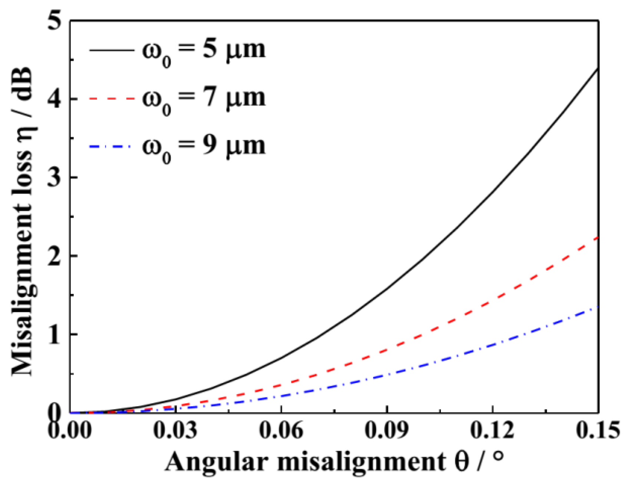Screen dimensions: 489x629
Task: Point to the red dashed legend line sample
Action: pos(111,99)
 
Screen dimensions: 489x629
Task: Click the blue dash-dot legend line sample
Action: pos(111,146)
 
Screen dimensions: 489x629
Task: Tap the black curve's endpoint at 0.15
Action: pos(598,69)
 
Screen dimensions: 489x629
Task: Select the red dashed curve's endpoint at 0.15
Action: pos(598,238)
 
